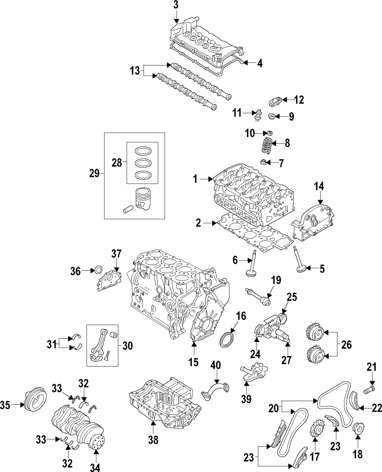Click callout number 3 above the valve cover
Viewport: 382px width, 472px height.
[176, 5]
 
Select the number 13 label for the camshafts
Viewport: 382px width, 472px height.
[135, 70]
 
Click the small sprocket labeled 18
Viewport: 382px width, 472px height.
[359, 429]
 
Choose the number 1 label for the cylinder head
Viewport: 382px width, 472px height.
[194, 179]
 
